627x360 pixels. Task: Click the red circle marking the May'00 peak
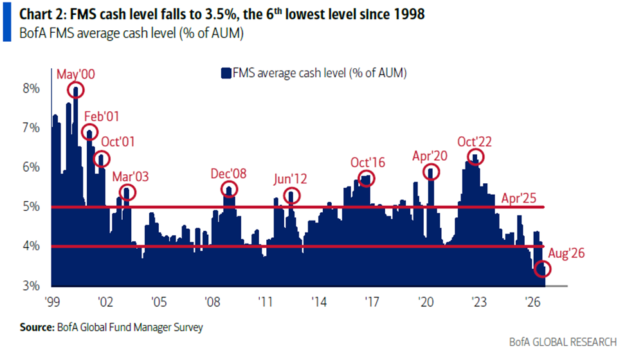[x=76, y=83]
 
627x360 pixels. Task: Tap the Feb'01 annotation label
[x=102, y=116]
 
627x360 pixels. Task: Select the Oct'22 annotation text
[x=474, y=141]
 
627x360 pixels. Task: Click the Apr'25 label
[x=518, y=198]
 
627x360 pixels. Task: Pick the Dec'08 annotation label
[x=228, y=174]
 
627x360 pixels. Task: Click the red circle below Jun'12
[x=291, y=188]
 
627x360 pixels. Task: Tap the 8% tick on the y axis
[x=32, y=88]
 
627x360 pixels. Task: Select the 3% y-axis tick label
[x=32, y=285]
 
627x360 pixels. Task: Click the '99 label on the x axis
[x=52, y=301]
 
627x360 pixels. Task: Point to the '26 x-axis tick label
[x=532, y=301]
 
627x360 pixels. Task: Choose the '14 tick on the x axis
[x=319, y=301]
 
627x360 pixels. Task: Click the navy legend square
[x=226, y=73]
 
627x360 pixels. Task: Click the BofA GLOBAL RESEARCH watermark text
[x=563, y=342]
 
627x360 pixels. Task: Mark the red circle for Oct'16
[x=367, y=172]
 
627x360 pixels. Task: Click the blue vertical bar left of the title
[x=7, y=22]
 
